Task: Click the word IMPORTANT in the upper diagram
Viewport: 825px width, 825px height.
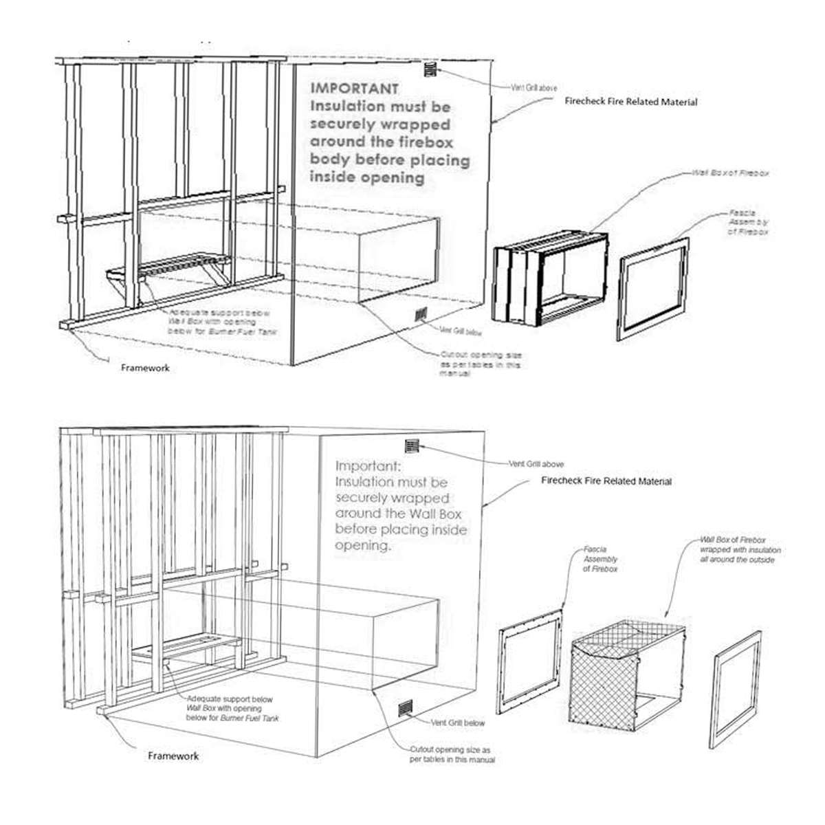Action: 354,89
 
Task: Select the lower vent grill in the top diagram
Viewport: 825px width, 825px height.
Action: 421,316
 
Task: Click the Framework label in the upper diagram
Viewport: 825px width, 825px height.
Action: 145,368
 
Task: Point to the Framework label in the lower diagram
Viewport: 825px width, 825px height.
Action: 173,756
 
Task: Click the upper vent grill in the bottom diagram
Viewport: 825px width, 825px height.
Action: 412,445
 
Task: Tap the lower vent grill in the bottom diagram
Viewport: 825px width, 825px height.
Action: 406,709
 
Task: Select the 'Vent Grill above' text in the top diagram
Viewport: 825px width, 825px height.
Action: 533,88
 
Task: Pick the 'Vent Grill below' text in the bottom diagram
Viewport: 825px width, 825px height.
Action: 458,723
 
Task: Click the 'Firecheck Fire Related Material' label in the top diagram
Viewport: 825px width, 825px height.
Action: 630,102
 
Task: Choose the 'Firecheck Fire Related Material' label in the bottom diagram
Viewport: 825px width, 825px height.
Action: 606,481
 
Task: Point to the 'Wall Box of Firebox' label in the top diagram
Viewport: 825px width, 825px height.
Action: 730,173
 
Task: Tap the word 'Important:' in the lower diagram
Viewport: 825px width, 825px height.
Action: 362,465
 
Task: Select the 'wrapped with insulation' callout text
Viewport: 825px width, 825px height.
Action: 740,551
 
